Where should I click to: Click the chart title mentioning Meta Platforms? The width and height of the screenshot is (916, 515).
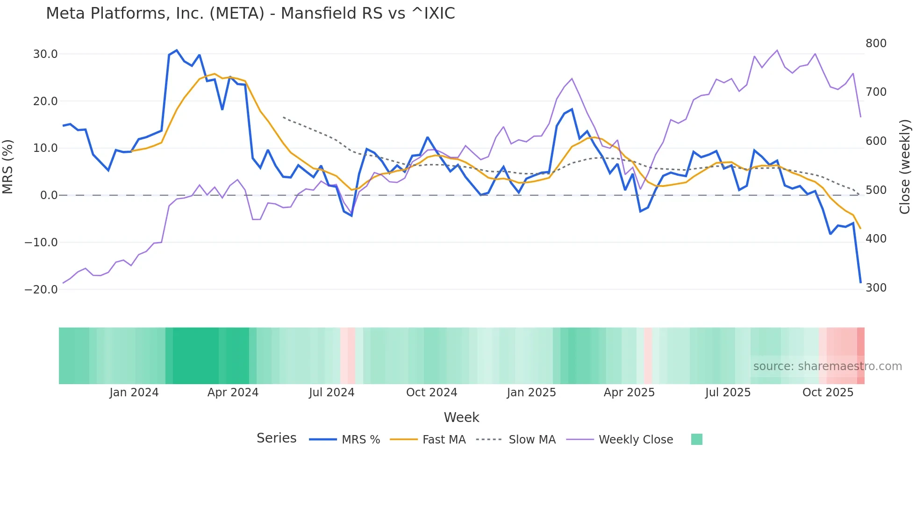(x=250, y=14)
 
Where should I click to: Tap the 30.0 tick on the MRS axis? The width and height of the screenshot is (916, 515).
(x=45, y=54)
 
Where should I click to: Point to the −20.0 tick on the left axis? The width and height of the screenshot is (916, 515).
(x=42, y=290)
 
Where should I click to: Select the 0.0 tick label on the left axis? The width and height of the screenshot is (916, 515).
(x=49, y=195)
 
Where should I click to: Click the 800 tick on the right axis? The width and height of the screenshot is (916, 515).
(x=876, y=43)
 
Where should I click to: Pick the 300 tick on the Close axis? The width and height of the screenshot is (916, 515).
(x=876, y=288)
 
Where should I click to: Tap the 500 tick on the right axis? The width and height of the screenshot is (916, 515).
(x=876, y=190)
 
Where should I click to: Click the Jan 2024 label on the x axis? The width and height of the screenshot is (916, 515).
(x=134, y=393)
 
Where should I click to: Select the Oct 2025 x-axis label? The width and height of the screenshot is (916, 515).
(x=828, y=393)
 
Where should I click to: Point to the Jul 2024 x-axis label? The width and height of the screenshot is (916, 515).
(x=331, y=393)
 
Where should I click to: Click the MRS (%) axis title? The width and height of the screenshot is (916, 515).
(x=8, y=167)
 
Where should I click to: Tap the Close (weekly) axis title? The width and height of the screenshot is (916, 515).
(x=905, y=167)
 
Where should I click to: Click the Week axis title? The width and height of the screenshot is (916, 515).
(x=461, y=417)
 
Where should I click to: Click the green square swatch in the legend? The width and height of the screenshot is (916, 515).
(x=696, y=439)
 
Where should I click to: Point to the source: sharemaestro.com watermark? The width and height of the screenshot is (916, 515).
(x=827, y=366)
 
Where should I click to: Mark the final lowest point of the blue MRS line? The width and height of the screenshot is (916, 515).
(x=860, y=283)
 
